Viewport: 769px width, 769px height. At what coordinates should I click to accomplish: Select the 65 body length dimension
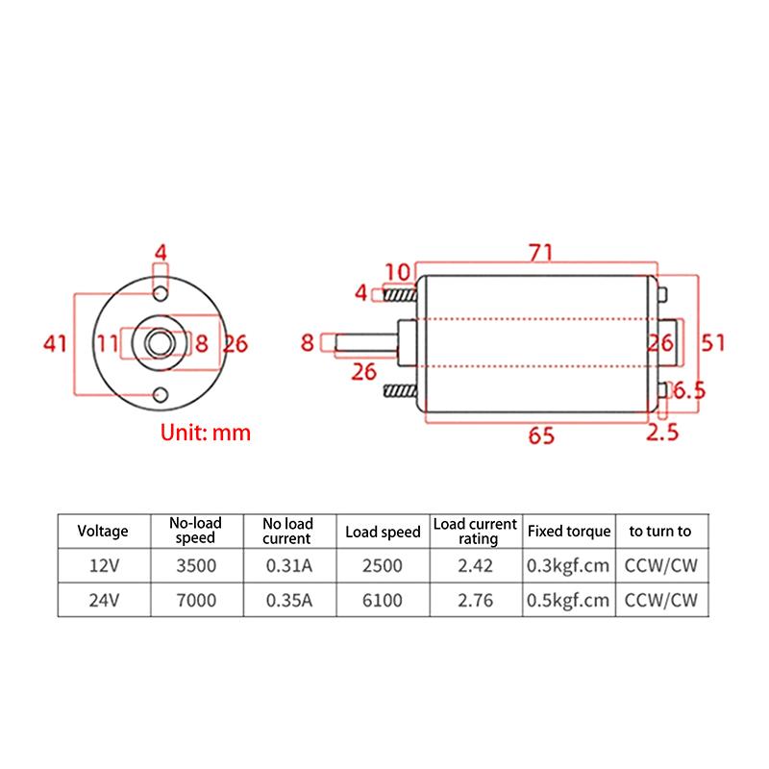pos(541,435)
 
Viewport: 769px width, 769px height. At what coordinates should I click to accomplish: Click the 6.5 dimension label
pos(688,390)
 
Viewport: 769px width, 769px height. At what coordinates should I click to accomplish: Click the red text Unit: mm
pos(205,433)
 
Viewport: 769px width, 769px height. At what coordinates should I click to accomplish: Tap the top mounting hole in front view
pos(161,291)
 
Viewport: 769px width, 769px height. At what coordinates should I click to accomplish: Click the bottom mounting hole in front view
pos(161,393)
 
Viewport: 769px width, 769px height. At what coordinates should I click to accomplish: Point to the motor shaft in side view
pos(365,342)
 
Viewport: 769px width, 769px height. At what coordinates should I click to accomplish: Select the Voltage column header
pos(102,531)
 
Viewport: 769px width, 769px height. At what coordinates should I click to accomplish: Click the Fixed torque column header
pos(568,531)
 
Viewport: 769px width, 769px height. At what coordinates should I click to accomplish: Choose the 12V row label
pos(102,566)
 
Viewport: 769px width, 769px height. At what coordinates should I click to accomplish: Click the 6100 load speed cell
pos(382,601)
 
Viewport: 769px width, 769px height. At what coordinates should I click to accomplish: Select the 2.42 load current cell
pos(475,566)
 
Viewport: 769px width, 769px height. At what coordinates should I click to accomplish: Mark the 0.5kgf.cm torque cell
pos(568,601)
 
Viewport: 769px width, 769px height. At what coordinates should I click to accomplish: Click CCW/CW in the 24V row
pos(659,601)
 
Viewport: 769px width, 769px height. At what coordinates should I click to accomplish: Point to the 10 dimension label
pos(398,271)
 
